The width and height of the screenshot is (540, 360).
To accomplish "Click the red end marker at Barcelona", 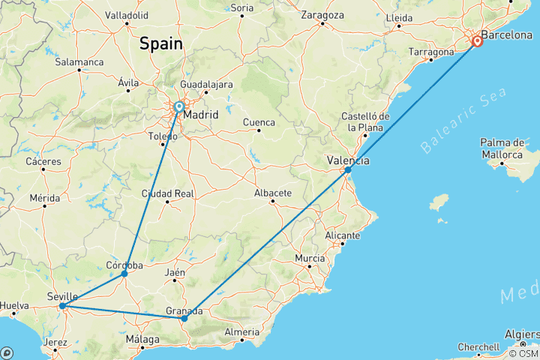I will tap(476, 41).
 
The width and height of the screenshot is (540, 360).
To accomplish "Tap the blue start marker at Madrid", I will tap(179, 107).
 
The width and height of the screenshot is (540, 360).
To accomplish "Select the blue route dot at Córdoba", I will tap(124, 274).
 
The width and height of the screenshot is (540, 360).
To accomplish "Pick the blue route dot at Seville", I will tap(62, 306).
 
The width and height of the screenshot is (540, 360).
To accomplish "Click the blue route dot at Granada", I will tap(184, 319).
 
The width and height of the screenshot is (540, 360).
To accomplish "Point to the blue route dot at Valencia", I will tap(348, 170).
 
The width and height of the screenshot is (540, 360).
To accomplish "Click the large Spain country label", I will tap(160, 43).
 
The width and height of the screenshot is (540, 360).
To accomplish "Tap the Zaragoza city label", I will tap(322, 14).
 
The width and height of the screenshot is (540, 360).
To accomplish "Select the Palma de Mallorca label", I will tap(502, 148).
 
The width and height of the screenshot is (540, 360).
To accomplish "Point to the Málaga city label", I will tap(142, 340).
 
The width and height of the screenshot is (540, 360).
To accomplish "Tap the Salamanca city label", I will tap(79, 61).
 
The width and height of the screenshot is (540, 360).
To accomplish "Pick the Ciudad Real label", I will tap(168, 193).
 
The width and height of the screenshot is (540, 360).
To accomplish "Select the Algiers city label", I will tap(520, 333).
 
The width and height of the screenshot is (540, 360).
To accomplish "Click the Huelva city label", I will tap(14, 305).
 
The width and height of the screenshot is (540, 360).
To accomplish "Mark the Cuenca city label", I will tap(259, 121).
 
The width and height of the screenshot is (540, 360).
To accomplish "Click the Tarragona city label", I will tap(431, 52).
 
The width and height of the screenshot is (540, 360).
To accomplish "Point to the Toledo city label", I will tap(163, 136).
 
